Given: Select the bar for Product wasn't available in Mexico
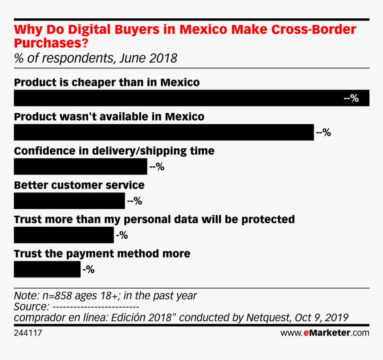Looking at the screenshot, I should [164, 132].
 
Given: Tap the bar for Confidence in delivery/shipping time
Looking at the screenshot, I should [80, 167].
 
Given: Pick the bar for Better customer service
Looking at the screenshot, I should [69, 201].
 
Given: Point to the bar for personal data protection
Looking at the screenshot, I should [64, 235].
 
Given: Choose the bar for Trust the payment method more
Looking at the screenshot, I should [47, 269].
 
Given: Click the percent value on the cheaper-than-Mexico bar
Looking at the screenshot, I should [351, 98].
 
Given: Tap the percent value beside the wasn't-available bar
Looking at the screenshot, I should [323, 132].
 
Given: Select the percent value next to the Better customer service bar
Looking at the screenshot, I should [134, 201].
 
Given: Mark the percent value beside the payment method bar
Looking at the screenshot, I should [88, 269].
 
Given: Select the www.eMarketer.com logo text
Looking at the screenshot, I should [325, 333].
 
